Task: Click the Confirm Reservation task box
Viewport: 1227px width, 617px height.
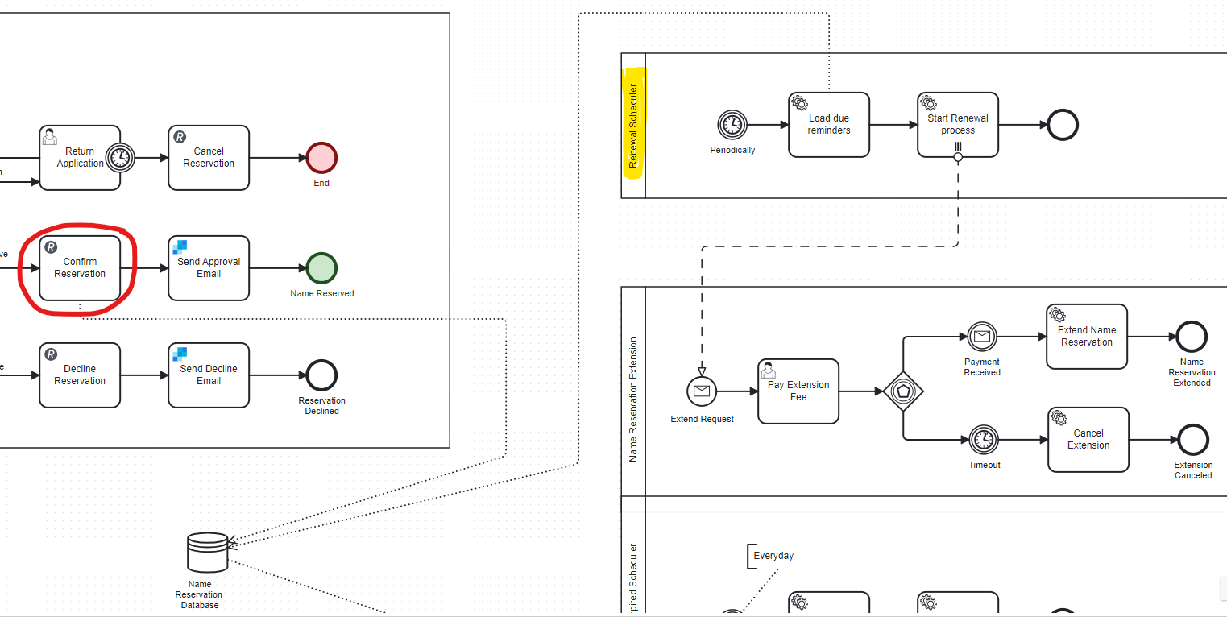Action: point(80,268)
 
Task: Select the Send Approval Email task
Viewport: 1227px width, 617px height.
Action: point(209,268)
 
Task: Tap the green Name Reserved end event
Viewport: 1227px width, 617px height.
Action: point(321,268)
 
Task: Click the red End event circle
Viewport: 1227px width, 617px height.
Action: point(321,158)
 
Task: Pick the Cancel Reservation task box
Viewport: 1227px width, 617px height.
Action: point(209,158)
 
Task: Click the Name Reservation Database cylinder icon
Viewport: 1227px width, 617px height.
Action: point(207,553)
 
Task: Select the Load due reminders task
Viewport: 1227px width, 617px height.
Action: point(829,125)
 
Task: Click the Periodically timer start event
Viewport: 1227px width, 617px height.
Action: point(732,125)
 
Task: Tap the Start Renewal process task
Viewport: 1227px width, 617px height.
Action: point(958,125)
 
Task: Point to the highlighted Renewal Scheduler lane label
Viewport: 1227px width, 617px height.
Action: point(633,126)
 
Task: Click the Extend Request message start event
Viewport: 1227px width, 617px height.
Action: point(702,391)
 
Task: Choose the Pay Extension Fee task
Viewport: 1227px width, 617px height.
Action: point(798,391)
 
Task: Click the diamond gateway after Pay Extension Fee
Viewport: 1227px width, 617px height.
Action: point(903,391)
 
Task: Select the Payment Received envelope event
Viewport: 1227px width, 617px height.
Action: point(982,337)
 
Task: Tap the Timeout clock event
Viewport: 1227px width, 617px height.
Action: point(983,440)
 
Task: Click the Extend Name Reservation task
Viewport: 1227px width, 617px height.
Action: point(1087,337)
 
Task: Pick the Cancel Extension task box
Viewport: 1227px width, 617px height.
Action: point(1088,440)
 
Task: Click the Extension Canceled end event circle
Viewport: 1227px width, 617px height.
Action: point(1193,440)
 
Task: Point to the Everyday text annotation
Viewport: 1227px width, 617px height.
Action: point(773,556)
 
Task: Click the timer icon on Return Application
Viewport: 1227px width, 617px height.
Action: point(120,158)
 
